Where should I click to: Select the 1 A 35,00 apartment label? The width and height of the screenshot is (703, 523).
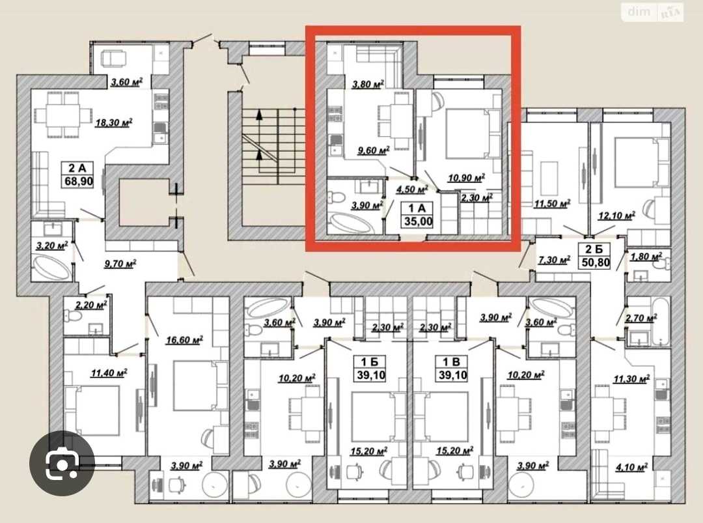click(418, 215)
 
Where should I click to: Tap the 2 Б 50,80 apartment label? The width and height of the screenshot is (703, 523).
click(596, 256)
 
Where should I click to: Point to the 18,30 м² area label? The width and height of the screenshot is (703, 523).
click(113, 122)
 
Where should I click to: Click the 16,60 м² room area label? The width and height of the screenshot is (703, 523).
click(184, 340)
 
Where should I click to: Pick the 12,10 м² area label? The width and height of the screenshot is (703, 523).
click(616, 216)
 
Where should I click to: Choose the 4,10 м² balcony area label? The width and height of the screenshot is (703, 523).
click(631, 468)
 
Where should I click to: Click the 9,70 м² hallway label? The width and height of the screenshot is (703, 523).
click(120, 264)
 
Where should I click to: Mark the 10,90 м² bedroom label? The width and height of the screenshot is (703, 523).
click(466, 178)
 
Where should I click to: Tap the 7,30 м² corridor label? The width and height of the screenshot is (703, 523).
click(554, 259)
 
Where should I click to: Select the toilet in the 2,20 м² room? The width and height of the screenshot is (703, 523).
click(72, 316)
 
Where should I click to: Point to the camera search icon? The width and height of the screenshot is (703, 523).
click(62, 464)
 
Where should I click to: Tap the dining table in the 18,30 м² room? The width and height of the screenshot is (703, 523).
click(62, 115)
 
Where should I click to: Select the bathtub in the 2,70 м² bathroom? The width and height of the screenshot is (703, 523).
click(661, 322)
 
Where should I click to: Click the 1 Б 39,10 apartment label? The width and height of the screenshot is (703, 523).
click(371, 368)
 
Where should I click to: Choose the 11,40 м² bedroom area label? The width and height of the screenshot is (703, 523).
click(109, 373)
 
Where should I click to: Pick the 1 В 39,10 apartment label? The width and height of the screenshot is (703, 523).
click(452, 368)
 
